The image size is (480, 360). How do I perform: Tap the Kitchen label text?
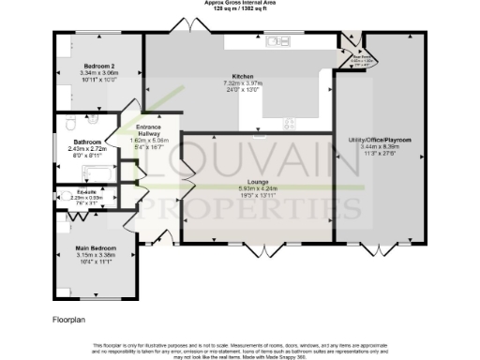[244, 76]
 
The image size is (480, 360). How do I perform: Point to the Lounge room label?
[257, 180]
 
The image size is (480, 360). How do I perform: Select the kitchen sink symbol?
[278, 42]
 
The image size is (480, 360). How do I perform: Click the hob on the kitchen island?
[291, 122]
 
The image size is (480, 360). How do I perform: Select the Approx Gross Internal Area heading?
[238, 3]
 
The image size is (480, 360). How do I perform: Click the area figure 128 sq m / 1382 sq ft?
[238, 8]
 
